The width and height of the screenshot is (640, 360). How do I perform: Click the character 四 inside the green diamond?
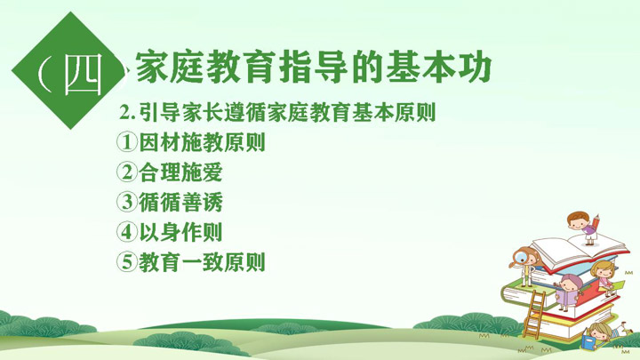83,75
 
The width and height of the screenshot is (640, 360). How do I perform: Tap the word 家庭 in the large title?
170,67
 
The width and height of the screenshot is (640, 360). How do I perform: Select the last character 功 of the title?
474,67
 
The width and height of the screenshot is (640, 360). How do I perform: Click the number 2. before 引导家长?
127,112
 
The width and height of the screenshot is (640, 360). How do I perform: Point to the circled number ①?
126,142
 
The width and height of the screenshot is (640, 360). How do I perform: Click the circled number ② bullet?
126,172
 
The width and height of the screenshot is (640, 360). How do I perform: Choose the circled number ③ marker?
126,202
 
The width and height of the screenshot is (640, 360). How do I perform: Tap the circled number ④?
126,232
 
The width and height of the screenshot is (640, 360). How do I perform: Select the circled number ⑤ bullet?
126,261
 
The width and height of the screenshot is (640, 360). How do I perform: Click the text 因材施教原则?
202,142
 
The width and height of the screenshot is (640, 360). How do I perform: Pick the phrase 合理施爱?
180,172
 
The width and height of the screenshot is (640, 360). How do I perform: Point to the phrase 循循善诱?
180,202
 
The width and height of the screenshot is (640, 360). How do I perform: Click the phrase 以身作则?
180,232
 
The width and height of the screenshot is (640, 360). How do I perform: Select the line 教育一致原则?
202,261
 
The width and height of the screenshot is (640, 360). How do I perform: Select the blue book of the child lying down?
589,342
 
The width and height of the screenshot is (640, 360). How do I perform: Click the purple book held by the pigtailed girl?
568,297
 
